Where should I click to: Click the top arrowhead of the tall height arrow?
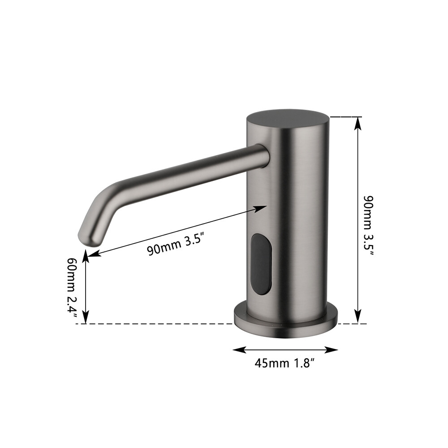pyautogui.click(x=358, y=122)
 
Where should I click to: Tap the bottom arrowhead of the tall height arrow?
pyautogui.click(x=358, y=318)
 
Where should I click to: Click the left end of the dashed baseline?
pyautogui.click(x=77, y=323)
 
